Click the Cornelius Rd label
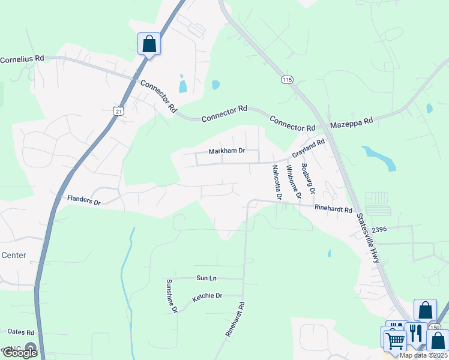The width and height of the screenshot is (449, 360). pos(22,59)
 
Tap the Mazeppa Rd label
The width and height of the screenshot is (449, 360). pos(352,121)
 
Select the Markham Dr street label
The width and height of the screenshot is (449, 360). pos(226,151)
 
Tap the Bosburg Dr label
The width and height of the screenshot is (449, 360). pos(308,179)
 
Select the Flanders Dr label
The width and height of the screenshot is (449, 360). pos(83,200)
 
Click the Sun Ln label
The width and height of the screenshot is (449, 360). pos(205,278)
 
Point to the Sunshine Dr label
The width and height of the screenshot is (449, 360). pos(172,296)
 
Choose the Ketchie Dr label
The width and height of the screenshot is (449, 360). pos(207,296)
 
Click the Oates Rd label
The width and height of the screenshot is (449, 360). pos(21,332)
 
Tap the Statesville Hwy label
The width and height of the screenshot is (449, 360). pos(368,238)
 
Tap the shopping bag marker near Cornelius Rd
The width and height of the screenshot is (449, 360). pos(149,44)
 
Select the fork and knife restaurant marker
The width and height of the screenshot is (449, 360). pos(415,331)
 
